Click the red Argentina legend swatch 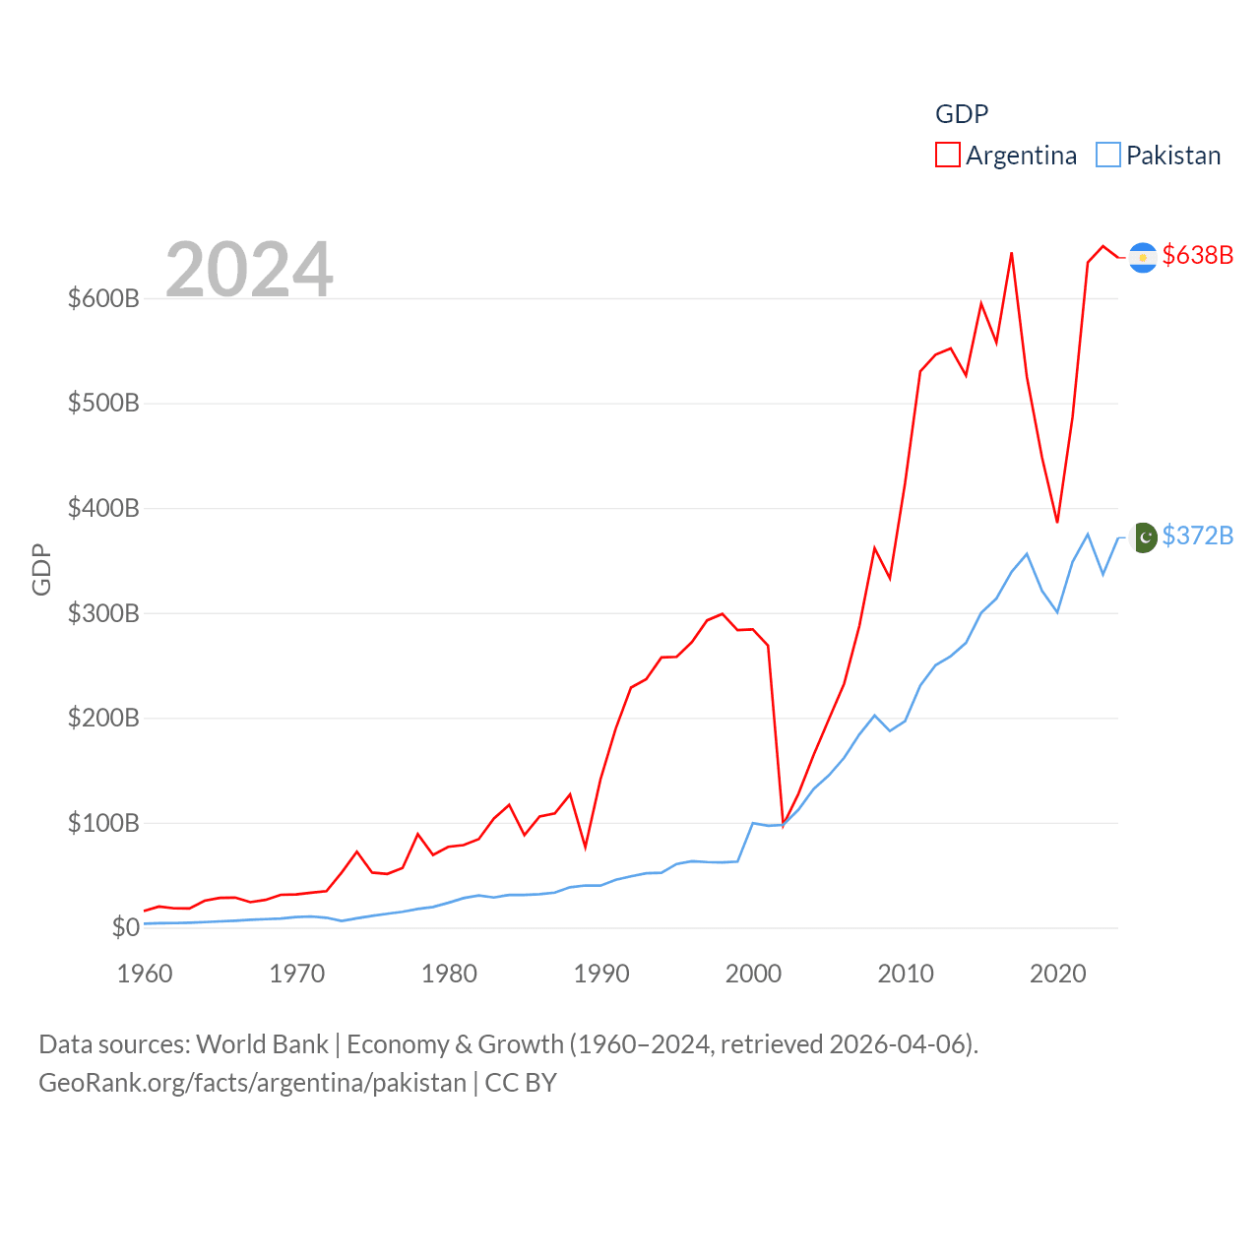947,156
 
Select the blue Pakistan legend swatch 1108,156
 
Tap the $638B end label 1197,255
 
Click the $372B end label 1197,535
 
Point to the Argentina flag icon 1143,257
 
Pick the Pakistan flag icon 1143,537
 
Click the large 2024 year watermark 249,270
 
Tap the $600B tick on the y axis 103,298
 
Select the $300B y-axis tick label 103,613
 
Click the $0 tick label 126,927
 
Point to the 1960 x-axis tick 145,974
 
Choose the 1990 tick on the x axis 601,974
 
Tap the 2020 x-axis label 1058,974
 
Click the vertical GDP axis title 41,569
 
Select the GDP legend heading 962,114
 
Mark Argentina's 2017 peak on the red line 1012,253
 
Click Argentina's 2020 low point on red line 1057,522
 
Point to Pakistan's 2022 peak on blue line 1088,535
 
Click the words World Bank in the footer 262,1043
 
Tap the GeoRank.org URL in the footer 252,1083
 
